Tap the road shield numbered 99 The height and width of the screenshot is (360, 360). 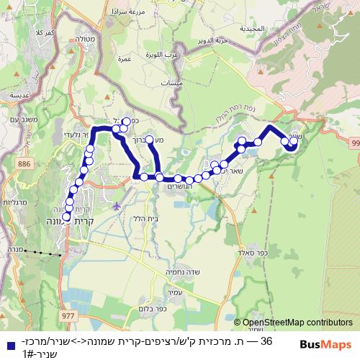point(356,145)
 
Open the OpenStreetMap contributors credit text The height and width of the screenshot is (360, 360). point(297,323)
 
